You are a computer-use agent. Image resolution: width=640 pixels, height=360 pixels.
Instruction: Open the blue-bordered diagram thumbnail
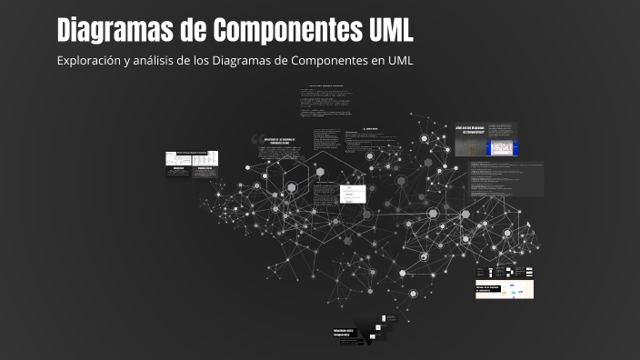coord(501,146)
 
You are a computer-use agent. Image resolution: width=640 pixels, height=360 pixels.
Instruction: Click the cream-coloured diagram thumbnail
coord(505,290)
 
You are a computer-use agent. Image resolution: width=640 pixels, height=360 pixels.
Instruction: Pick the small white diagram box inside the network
coord(353,194)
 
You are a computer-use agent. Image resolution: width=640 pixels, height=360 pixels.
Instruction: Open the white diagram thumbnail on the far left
coord(192,158)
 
